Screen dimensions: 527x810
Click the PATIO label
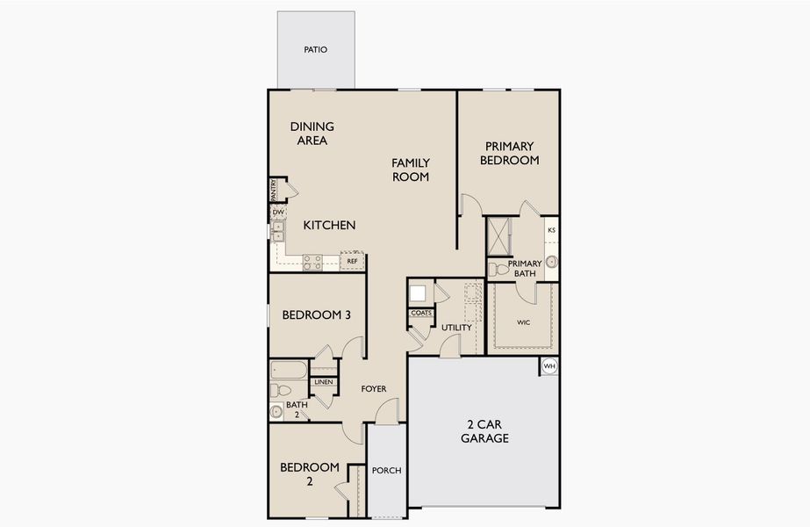point(315,50)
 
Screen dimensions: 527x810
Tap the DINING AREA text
point(312,134)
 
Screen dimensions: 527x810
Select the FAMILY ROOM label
point(411,170)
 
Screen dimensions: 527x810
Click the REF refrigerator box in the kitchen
point(352,261)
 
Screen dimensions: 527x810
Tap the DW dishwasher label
point(277,213)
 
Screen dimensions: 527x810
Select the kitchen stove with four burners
point(312,261)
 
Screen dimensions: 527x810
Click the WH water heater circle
point(549,366)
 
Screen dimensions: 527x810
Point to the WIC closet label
point(523,322)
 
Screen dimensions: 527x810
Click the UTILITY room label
point(456,328)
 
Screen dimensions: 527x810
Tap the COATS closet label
point(420,313)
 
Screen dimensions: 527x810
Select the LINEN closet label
point(323,382)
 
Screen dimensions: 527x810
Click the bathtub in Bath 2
point(289,370)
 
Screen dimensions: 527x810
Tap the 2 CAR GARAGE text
point(484,431)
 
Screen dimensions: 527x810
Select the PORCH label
point(386,471)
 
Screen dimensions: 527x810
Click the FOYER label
point(374,388)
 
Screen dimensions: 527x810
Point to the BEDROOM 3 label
point(317,315)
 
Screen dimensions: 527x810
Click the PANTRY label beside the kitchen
point(274,189)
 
